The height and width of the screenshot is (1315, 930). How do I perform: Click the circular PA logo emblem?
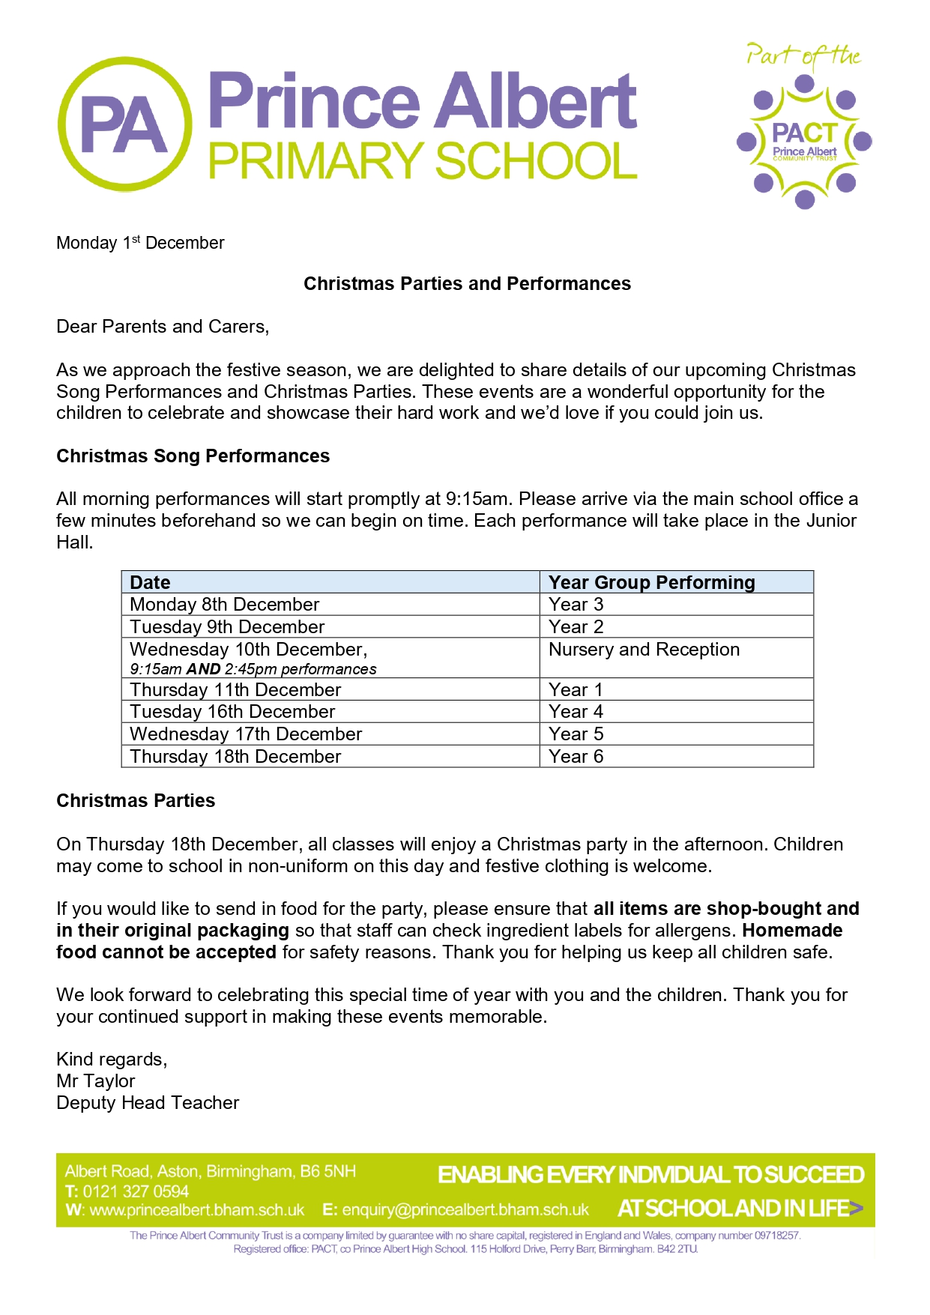click(124, 124)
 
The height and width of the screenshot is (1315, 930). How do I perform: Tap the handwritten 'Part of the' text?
click(803, 57)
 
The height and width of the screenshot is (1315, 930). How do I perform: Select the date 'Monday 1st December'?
click(140, 243)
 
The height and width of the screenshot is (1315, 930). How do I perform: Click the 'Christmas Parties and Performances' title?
click(467, 284)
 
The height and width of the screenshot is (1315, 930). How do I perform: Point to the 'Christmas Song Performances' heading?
click(193, 456)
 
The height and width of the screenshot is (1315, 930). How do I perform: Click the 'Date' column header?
click(150, 583)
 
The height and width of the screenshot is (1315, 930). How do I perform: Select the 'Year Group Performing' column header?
click(651, 583)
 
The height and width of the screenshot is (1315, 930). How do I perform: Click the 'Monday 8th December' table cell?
click(224, 605)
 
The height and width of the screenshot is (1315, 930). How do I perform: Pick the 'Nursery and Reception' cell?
click(644, 650)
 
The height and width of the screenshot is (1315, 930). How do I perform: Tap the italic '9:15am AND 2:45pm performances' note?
click(253, 669)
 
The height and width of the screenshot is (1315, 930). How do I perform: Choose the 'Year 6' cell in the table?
click(576, 757)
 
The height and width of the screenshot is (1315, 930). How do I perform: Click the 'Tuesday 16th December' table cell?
click(232, 712)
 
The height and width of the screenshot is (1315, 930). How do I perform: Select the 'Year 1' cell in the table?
click(576, 690)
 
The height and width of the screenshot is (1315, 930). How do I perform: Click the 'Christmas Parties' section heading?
click(136, 801)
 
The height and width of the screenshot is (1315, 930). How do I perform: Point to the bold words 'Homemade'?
click(792, 931)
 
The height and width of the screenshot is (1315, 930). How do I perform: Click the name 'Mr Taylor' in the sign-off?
click(96, 1081)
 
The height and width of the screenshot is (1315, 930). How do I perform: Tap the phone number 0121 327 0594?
click(136, 1191)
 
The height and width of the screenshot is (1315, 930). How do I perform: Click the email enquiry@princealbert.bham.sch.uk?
click(465, 1210)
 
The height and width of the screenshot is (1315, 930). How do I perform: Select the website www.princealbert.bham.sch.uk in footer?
click(196, 1210)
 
